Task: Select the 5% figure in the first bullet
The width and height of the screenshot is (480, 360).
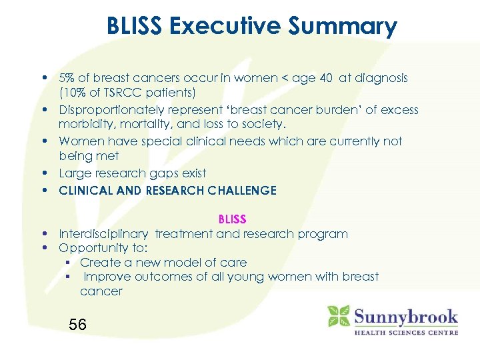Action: (x=67, y=78)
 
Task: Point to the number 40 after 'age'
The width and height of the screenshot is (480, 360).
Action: (x=326, y=78)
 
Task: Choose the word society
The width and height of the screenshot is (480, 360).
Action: (x=263, y=124)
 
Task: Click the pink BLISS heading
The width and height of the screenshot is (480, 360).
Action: (x=232, y=219)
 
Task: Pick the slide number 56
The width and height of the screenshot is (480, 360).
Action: (x=78, y=325)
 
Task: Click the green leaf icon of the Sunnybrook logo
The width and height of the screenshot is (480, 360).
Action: (x=339, y=315)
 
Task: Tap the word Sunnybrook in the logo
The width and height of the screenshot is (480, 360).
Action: (x=406, y=315)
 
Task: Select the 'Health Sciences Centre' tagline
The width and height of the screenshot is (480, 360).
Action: (x=405, y=332)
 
